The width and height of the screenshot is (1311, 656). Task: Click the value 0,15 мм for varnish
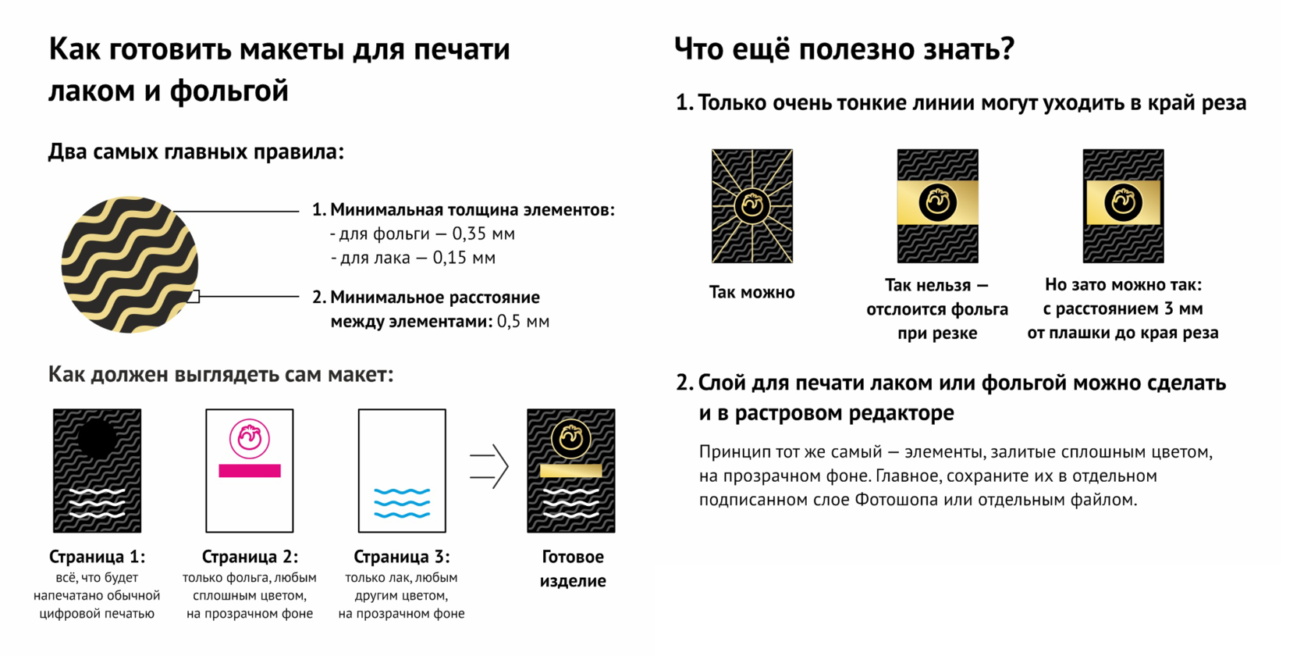pyautogui.click(x=464, y=258)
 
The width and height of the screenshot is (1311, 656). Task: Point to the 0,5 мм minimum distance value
pyautogui.click(x=523, y=322)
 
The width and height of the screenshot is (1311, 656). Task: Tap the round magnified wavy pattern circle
pyautogui.click(x=130, y=265)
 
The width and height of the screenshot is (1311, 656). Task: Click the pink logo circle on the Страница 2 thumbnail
pyautogui.click(x=250, y=438)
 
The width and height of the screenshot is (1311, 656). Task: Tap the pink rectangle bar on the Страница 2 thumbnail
pyautogui.click(x=250, y=471)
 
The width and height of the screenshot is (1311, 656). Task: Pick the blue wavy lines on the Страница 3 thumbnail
pyautogui.click(x=402, y=503)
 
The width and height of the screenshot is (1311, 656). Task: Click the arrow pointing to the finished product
pyautogui.click(x=489, y=467)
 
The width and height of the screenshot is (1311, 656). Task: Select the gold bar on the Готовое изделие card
pyautogui.click(x=571, y=470)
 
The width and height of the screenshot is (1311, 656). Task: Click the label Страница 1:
pyautogui.click(x=97, y=557)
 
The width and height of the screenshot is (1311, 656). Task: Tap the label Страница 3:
pyautogui.click(x=402, y=557)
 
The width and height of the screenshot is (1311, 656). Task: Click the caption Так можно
pyautogui.click(x=751, y=293)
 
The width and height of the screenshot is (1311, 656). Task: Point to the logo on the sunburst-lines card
pyautogui.click(x=752, y=205)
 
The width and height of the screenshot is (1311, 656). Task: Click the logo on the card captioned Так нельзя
pyautogui.click(x=937, y=202)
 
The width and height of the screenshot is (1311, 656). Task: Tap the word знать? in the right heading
pyautogui.click(x=969, y=49)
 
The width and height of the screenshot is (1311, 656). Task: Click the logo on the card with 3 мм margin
pyautogui.click(x=1123, y=202)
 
